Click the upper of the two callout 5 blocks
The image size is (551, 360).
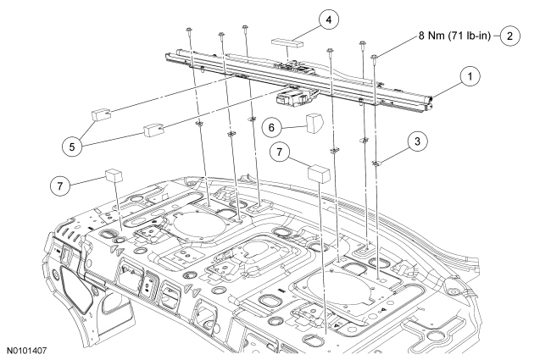tap(104, 112)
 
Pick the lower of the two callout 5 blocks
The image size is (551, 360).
tap(153, 130)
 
